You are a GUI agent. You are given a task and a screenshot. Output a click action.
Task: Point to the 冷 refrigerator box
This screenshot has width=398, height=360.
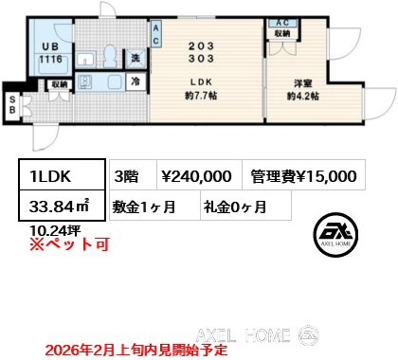[x=136, y=82]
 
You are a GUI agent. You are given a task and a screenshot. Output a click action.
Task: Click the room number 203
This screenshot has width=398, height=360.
[x=206, y=44]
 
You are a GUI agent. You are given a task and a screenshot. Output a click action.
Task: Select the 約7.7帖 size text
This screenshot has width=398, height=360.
[x=206, y=96]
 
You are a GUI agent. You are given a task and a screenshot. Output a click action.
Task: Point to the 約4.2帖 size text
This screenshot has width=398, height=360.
[x=303, y=96]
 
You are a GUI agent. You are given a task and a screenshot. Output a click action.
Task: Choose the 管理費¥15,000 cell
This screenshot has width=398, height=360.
[x=303, y=175]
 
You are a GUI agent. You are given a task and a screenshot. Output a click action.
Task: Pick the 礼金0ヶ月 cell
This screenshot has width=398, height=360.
[x=233, y=206]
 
